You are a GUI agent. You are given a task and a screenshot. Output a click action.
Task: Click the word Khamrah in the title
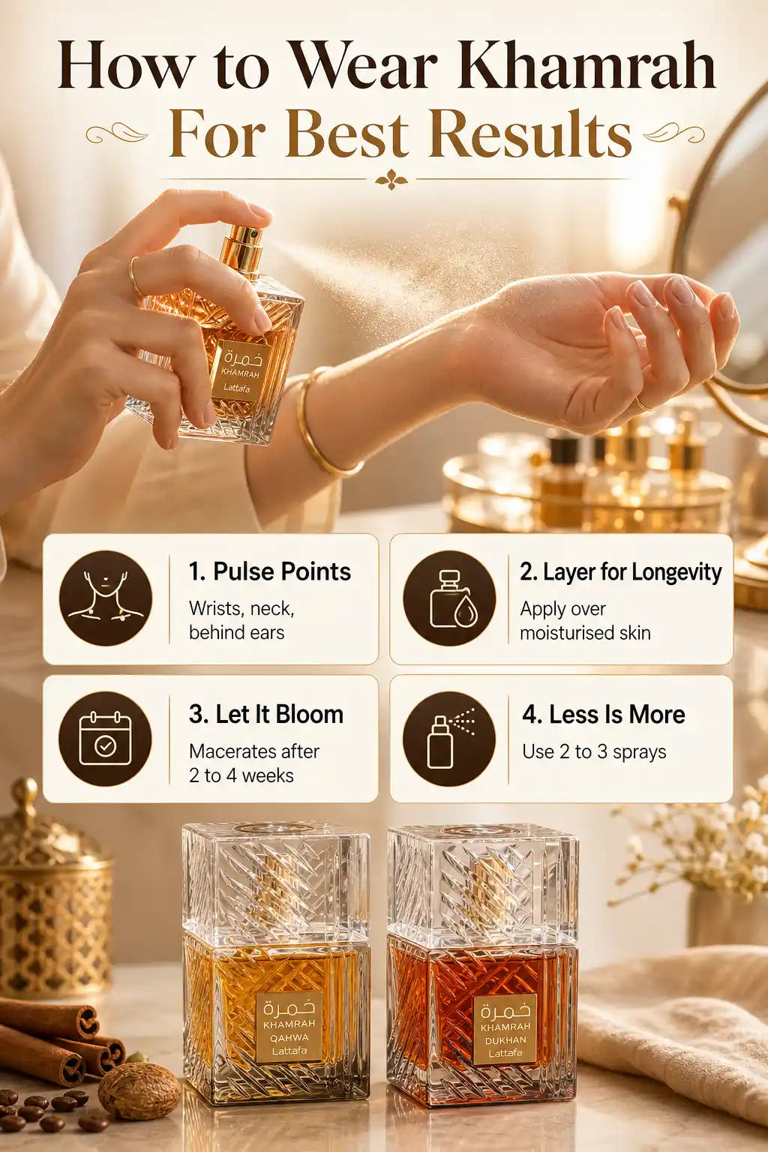click(587, 66)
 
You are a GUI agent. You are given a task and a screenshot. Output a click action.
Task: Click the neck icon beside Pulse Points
click(106, 598)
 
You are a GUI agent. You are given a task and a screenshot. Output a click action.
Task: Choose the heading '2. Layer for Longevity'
click(621, 572)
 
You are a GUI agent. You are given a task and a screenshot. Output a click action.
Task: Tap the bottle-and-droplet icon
click(449, 598)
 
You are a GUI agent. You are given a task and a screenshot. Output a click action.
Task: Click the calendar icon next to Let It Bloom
click(105, 739)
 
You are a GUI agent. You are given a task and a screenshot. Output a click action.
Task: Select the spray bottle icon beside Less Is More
click(449, 739)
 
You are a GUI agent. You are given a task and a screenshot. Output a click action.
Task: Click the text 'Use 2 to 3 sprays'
click(594, 752)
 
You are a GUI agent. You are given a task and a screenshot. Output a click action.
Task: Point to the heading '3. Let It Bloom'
click(266, 714)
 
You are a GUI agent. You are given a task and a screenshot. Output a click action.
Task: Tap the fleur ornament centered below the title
click(391, 179)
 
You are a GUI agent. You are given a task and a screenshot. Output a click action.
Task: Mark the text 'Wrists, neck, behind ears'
click(241, 620)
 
